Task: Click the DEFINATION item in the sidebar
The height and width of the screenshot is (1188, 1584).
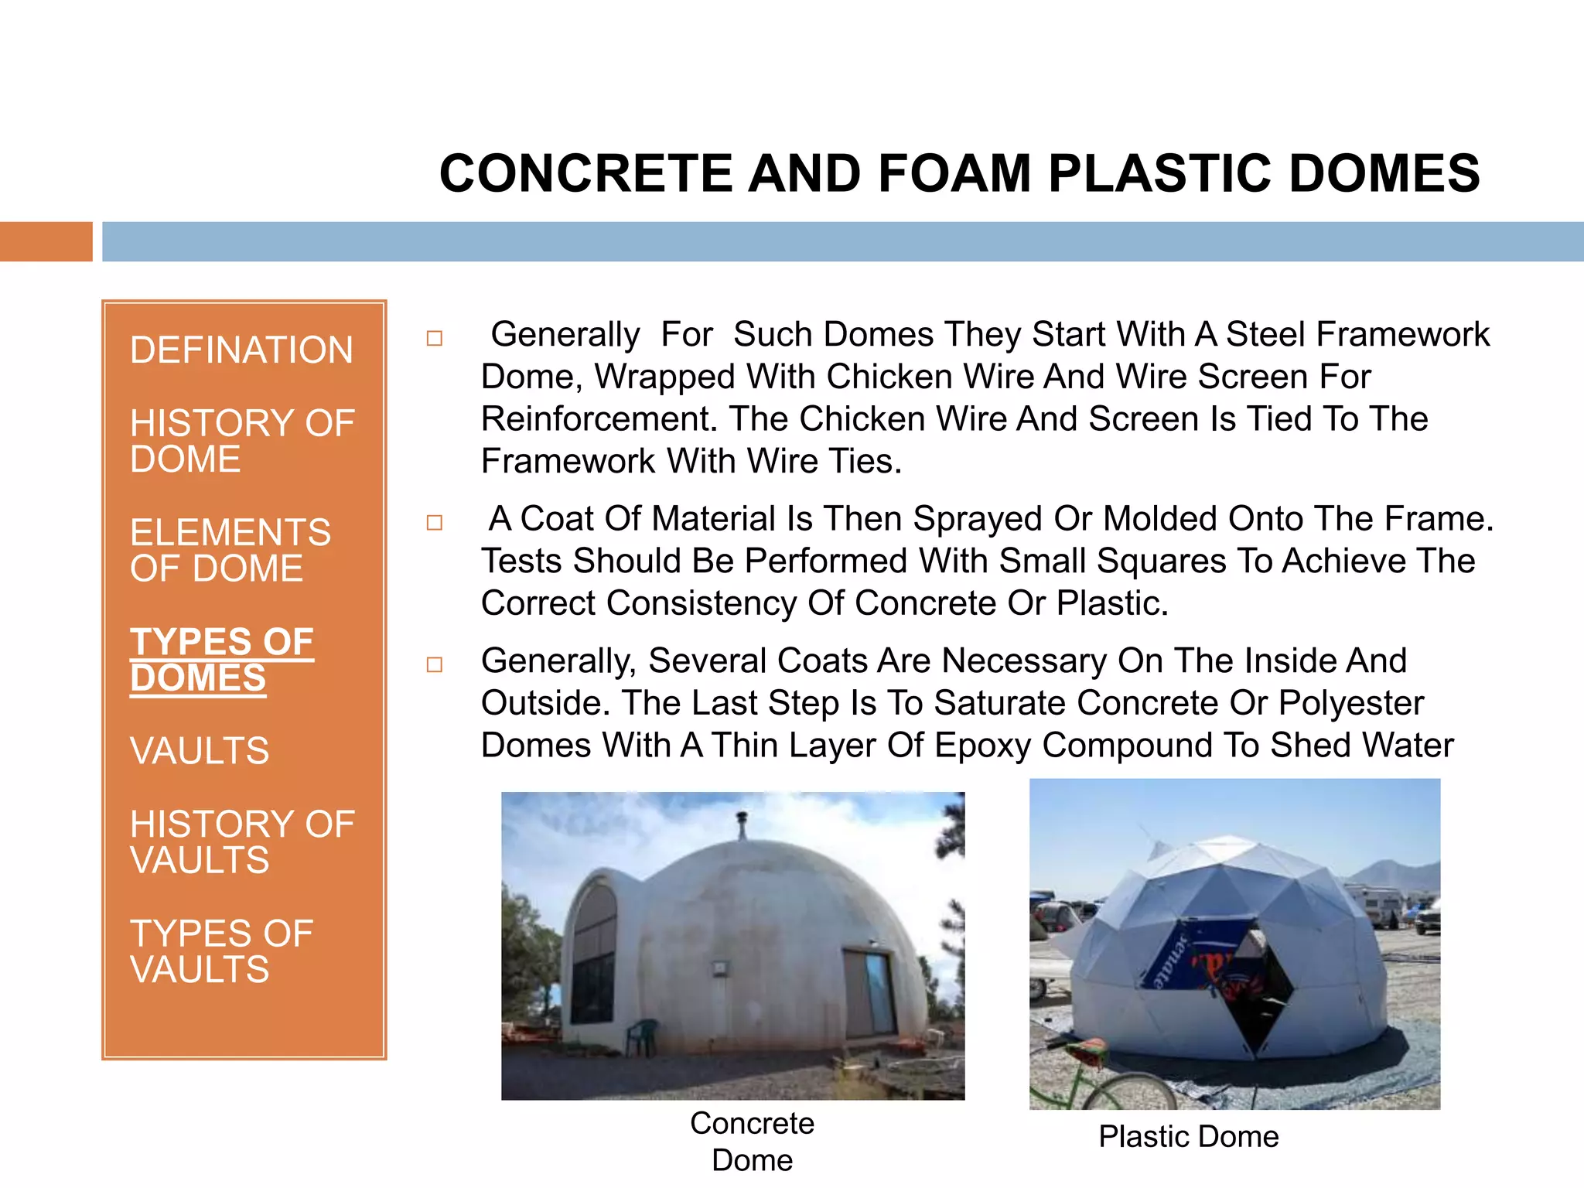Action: (x=241, y=350)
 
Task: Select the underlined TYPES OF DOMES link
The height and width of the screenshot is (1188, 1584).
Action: (x=221, y=660)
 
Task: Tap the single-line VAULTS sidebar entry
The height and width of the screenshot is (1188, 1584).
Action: (x=200, y=751)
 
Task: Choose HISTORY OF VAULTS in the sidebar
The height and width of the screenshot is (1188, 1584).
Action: (x=241, y=841)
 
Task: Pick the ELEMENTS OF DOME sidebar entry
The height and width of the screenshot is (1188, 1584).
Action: (x=230, y=550)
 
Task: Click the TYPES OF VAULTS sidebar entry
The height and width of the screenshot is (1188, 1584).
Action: (x=221, y=951)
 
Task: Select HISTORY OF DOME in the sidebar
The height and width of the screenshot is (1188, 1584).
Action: (x=241, y=441)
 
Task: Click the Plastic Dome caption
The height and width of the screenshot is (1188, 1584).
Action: (x=1189, y=1137)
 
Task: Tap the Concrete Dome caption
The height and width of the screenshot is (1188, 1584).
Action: (x=752, y=1142)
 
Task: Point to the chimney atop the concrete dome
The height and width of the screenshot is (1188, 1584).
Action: (x=742, y=825)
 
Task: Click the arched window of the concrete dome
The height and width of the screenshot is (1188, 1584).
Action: (x=594, y=951)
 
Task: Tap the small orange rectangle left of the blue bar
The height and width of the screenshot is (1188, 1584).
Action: (x=46, y=241)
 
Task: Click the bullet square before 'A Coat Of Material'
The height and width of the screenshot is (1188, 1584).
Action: (x=435, y=523)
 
